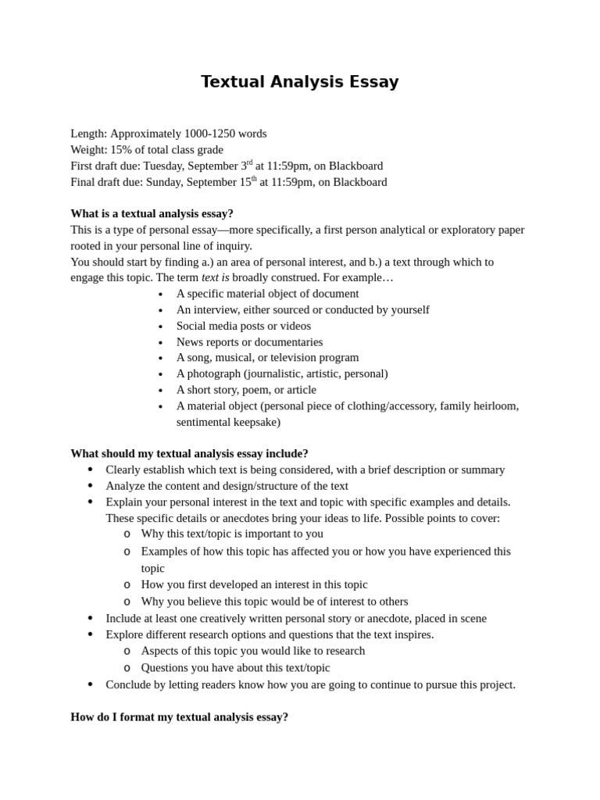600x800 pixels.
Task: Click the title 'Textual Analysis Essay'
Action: [299, 82]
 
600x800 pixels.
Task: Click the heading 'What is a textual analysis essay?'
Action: [152, 213]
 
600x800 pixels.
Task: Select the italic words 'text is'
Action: [215, 277]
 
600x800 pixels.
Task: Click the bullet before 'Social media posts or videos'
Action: [160, 327]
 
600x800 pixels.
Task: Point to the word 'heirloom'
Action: [493, 405]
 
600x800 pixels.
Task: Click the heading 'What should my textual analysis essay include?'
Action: [189, 453]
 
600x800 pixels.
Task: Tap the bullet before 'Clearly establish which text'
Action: [90, 470]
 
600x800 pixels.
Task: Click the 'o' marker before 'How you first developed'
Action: [127, 584]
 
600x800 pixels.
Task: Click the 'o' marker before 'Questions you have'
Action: [127, 667]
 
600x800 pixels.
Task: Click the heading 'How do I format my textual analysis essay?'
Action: [179, 716]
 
